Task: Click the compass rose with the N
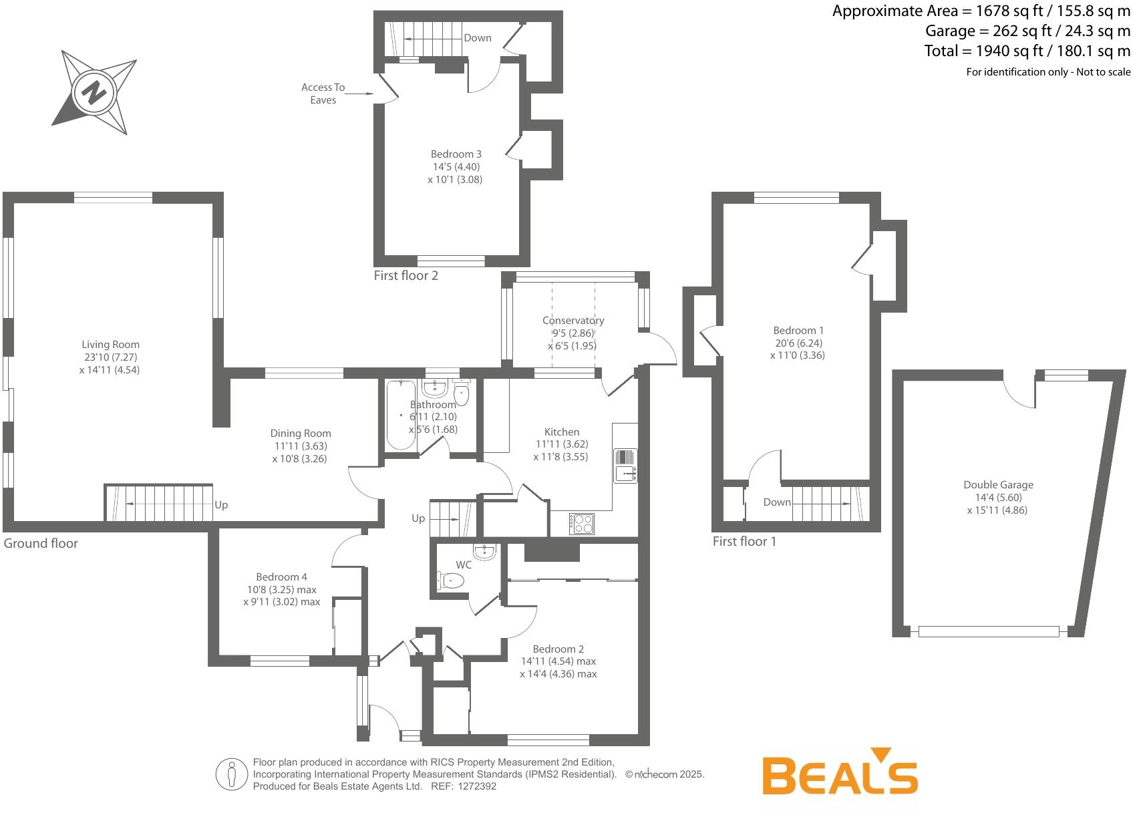95,93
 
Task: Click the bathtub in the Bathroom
401,415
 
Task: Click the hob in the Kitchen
582,524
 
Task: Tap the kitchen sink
626,466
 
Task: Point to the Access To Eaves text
323,94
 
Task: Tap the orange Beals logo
840,771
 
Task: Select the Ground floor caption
41,543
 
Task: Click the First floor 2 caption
406,276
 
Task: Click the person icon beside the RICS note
231,774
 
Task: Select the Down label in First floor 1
777,502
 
